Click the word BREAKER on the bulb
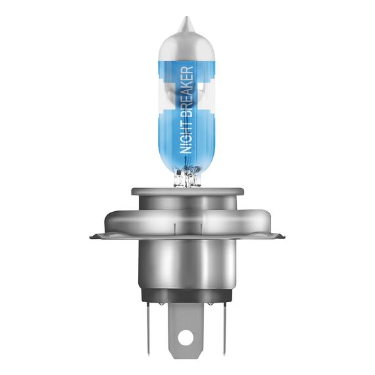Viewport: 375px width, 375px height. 187,89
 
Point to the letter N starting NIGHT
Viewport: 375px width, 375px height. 187,151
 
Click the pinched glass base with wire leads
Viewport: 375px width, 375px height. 187,176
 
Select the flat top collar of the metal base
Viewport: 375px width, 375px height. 187,191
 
